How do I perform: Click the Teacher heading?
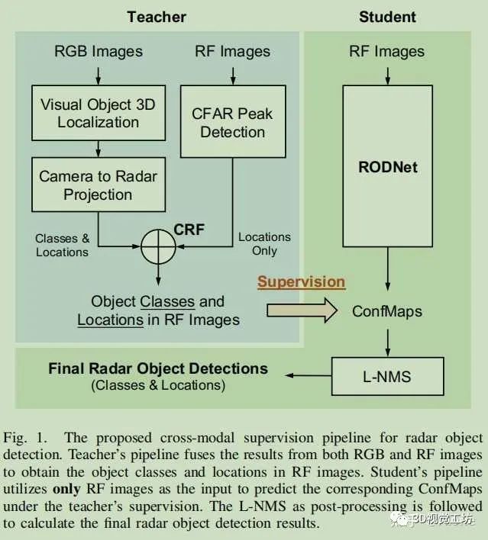(156, 16)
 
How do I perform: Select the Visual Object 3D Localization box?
(99, 112)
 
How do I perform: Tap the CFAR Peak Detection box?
(232, 122)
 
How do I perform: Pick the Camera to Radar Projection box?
(99, 185)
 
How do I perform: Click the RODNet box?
(388, 167)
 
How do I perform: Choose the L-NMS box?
(388, 377)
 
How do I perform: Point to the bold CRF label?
(189, 229)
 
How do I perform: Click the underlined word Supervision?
(301, 281)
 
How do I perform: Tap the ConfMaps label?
(388, 311)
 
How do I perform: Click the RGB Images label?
(99, 52)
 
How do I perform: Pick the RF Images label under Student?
(386, 52)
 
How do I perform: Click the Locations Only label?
(264, 244)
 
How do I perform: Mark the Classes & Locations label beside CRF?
(62, 246)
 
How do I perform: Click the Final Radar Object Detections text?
(158, 369)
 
